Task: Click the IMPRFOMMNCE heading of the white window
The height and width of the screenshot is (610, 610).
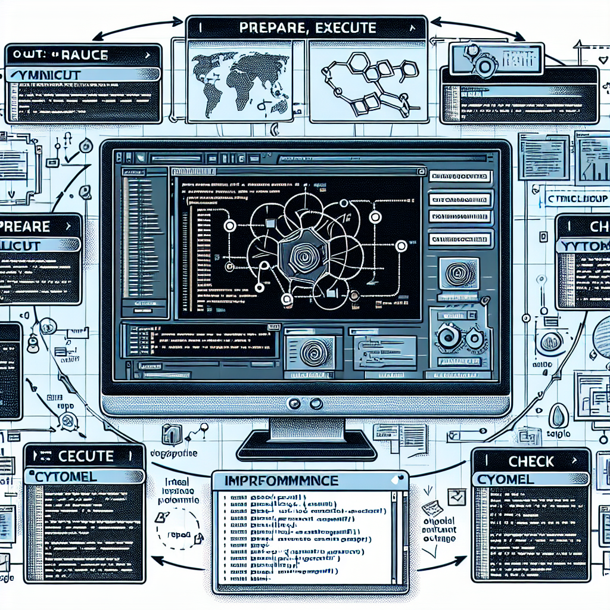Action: pos(282,481)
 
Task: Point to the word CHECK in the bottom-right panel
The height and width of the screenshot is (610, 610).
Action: pos(531,461)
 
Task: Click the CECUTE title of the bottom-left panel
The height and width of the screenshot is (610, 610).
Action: pos(86,457)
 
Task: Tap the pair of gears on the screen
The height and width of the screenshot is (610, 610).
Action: pos(458,340)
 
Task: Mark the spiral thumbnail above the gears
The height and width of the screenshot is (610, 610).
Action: pos(458,273)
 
